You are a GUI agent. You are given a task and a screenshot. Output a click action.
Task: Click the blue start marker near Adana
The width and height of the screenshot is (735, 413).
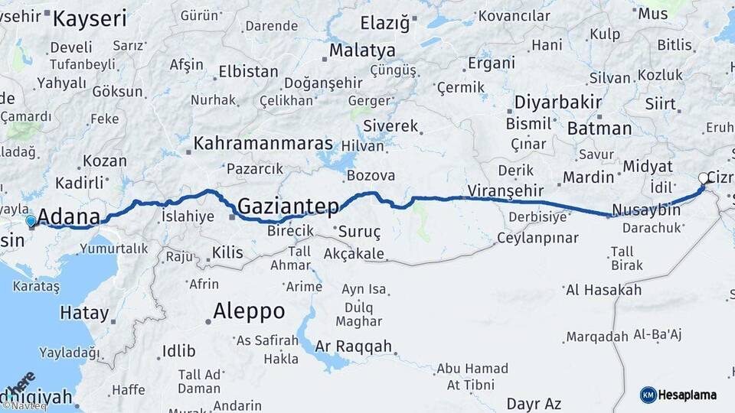31,221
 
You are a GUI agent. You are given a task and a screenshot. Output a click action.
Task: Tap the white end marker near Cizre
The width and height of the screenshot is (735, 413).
704,179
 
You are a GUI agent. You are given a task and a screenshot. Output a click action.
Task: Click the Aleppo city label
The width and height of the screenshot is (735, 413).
249,311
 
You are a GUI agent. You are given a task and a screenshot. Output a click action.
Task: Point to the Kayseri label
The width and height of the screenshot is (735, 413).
89,19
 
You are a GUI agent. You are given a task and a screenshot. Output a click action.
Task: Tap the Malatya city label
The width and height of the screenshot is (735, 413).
362,50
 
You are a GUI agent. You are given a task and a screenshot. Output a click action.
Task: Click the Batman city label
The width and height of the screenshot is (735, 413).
599,128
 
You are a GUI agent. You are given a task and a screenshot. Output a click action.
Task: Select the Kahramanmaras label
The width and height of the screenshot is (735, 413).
263,143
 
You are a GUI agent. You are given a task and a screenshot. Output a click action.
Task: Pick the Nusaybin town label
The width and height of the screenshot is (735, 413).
646,210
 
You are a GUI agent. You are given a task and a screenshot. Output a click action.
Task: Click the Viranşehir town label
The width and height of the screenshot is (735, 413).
505,190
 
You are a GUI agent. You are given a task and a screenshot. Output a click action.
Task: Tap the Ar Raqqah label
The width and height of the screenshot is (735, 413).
353,346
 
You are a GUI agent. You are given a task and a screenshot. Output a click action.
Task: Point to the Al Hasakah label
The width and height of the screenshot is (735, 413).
603,290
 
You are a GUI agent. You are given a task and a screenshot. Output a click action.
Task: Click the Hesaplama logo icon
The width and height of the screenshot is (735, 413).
648,395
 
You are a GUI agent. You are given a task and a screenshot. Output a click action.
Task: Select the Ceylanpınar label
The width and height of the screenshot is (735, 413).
537,238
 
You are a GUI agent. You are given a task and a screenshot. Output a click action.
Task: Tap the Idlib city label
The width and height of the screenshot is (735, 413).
179,352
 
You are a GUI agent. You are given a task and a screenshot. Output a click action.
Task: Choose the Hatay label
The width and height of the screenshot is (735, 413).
84,312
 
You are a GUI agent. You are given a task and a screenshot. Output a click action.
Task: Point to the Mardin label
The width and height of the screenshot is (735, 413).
589,177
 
